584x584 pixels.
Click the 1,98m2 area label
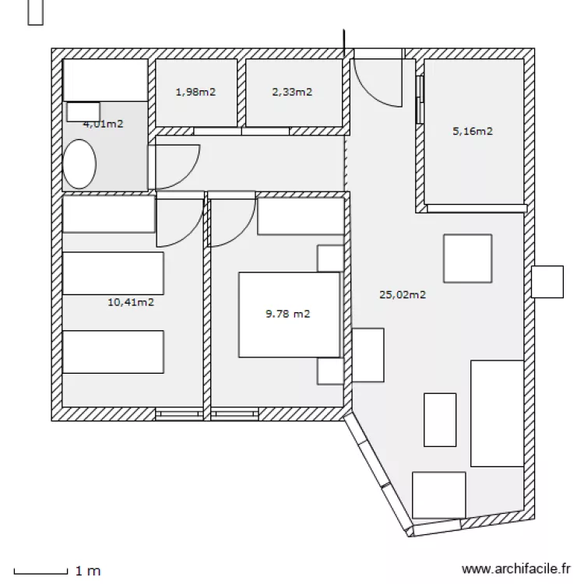[195, 92]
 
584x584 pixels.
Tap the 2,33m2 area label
[292, 92]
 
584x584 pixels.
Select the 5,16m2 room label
[473, 131]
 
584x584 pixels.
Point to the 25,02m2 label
[402, 294]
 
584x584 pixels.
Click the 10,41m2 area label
[130, 302]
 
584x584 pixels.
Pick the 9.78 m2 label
[288, 315]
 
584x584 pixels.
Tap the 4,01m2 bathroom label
[104, 123]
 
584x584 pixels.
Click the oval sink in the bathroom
[79, 164]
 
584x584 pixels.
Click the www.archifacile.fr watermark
[516, 570]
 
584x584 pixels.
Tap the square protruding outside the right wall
[547, 282]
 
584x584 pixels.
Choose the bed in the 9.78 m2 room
[289, 315]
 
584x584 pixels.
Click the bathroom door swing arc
[176, 165]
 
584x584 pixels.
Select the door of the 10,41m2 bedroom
[179, 223]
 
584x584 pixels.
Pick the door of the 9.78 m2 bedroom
[231, 223]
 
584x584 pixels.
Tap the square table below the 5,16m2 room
[467, 258]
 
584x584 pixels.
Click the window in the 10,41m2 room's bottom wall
[179, 413]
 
